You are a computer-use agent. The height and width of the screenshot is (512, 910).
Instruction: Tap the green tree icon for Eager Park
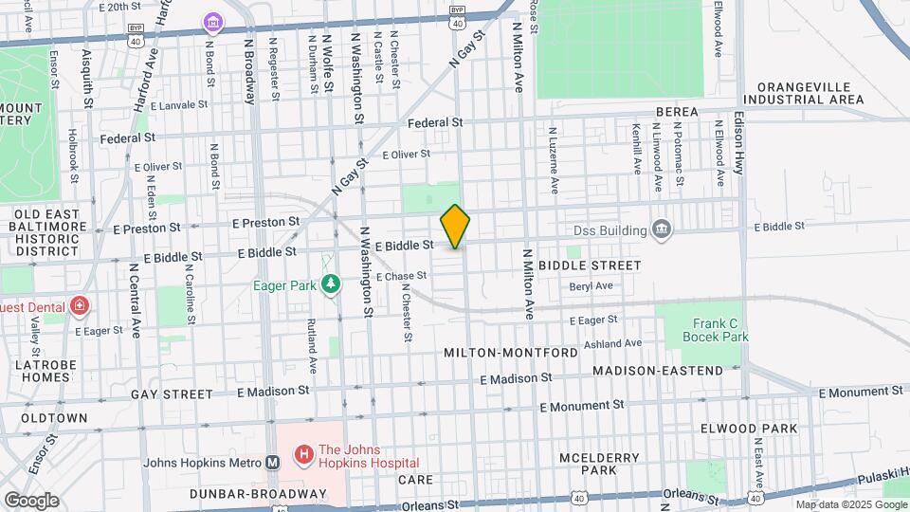click(x=330, y=283)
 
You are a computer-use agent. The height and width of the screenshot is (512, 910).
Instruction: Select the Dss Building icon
click(x=662, y=229)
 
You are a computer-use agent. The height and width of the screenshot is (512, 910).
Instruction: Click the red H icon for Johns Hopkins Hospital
click(x=304, y=456)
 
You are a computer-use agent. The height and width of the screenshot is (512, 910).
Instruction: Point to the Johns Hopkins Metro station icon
click(x=273, y=463)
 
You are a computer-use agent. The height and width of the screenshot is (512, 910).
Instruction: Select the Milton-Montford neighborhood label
click(x=510, y=353)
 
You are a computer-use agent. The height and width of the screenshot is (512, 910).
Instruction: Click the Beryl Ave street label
click(x=591, y=285)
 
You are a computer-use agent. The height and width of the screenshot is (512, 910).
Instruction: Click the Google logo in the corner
click(x=31, y=500)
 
